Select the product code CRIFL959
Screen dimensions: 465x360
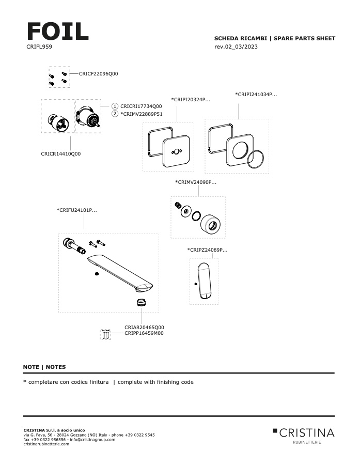(39, 47)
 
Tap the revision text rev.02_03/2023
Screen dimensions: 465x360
(236, 47)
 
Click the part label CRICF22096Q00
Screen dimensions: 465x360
(99, 74)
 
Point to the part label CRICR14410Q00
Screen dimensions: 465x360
(60, 153)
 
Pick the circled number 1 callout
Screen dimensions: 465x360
(115, 106)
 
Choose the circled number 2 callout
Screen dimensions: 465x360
(115, 114)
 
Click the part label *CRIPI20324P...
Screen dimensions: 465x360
(191, 99)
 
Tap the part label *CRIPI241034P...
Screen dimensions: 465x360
(256, 95)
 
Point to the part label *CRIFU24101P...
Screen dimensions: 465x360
(76, 210)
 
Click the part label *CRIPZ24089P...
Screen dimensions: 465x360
(207, 250)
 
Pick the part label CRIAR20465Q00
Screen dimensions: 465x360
(144, 327)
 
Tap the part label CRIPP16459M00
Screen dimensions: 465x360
(144, 333)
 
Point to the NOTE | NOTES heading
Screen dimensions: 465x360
(44, 367)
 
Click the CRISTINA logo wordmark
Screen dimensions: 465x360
(307, 432)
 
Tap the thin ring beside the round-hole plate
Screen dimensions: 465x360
(256, 160)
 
